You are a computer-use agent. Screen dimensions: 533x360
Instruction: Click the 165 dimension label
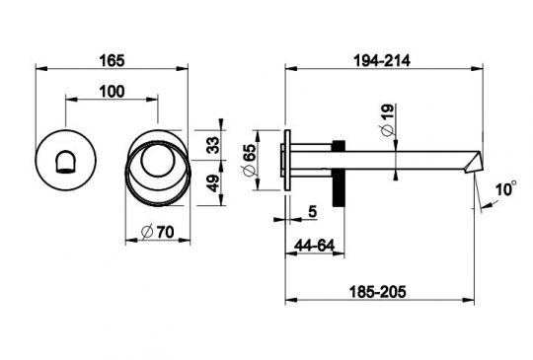click(x=112, y=61)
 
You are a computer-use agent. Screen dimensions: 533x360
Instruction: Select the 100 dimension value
click(x=112, y=92)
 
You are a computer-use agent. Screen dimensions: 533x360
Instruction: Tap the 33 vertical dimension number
click(x=213, y=145)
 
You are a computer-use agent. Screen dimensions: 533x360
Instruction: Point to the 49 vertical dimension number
click(x=213, y=183)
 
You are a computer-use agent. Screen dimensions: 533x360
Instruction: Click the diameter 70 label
click(x=157, y=233)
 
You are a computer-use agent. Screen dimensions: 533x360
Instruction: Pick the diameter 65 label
click(x=249, y=160)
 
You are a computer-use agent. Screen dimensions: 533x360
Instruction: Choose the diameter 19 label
click(x=387, y=120)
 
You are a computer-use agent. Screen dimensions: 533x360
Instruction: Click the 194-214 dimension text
click(x=382, y=61)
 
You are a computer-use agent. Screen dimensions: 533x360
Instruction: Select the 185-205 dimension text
click(x=378, y=292)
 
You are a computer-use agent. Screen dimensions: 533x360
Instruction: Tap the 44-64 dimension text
click(x=315, y=246)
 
